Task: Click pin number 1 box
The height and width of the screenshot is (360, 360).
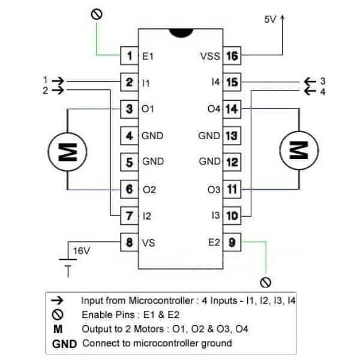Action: [130, 56]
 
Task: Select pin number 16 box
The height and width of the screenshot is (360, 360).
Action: [232, 56]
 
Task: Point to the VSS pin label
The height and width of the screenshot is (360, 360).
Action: [210, 56]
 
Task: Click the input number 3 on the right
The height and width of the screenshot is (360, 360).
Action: [322, 80]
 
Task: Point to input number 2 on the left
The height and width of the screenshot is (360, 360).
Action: [44, 91]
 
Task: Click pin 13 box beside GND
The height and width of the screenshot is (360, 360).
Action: [232, 136]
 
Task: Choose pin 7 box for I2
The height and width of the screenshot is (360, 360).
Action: [130, 214]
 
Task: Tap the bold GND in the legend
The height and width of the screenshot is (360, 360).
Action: [64, 344]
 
